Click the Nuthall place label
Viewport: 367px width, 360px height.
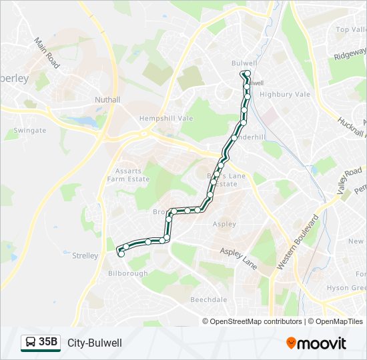(x=107, y=100)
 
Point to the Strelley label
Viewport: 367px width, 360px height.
(x=85, y=255)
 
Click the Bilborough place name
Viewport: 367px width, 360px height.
(x=128, y=273)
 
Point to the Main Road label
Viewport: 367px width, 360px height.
(x=47, y=53)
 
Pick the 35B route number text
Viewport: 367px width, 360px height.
(x=48, y=343)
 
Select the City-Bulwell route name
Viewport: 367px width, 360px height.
(x=94, y=343)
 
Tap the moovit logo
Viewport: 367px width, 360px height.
(x=316, y=343)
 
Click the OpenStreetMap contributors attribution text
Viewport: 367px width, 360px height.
(x=256, y=321)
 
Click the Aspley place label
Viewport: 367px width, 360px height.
(x=224, y=224)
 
